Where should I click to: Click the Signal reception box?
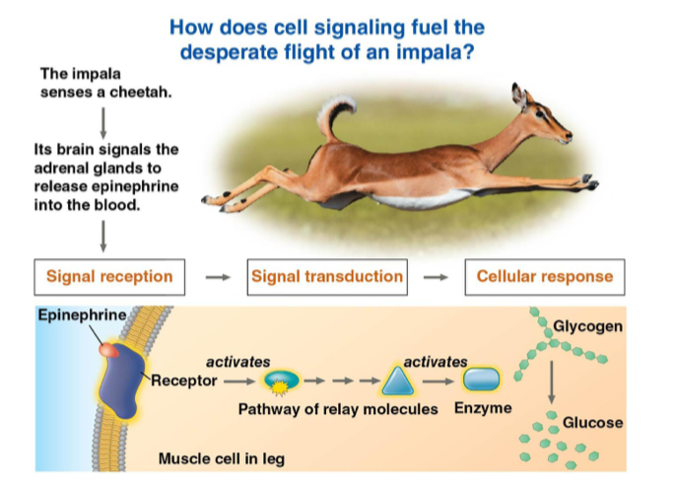point(109,277)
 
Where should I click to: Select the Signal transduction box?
point(327,277)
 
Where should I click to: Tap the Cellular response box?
point(544,277)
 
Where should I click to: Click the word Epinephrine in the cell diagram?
point(82,315)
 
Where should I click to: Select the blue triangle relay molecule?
point(398,380)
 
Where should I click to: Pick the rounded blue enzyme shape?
point(482,380)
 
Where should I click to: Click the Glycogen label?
point(587,326)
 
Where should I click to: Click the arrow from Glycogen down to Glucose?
point(553,380)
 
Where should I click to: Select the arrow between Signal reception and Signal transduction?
point(216,277)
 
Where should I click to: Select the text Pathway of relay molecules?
point(338,408)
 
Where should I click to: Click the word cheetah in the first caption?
point(144,93)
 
